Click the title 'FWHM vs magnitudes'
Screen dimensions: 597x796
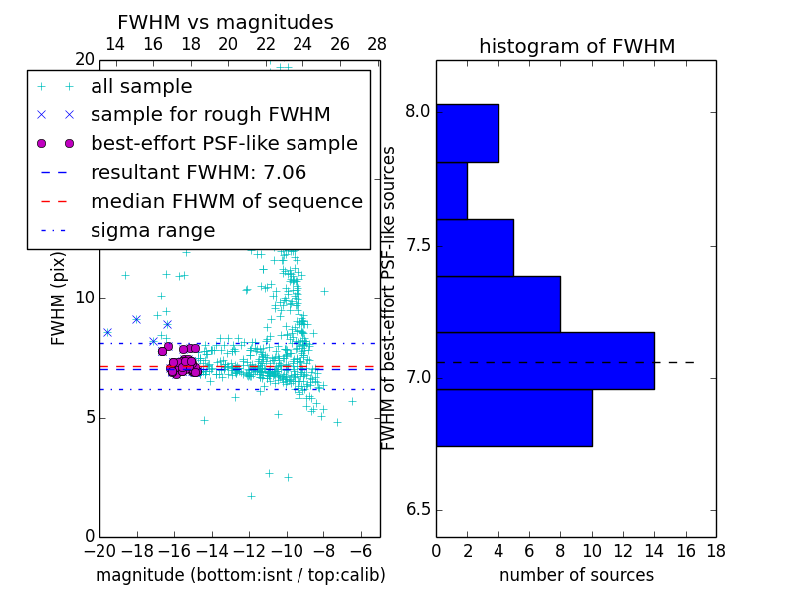point(226,22)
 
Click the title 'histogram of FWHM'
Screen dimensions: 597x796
point(576,46)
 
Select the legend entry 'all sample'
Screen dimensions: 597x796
point(141,87)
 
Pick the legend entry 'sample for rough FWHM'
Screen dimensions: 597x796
point(210,115)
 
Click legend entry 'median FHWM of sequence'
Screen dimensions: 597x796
point(226,202)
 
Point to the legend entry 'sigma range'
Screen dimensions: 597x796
point(152,231)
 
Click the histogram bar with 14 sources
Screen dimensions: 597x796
point(544,361)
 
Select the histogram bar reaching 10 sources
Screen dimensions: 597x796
point(513,418)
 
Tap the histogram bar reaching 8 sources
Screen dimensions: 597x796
point(497,303)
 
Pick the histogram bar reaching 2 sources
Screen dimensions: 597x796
point(451,191)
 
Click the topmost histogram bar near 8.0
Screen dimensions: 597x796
point(467,133)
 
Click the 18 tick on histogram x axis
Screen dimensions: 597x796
point(715,549)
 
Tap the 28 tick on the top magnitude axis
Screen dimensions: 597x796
point(377,44)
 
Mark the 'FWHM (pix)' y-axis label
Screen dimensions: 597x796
point(59,298)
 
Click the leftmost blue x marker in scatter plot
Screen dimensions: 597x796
point(107,332)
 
